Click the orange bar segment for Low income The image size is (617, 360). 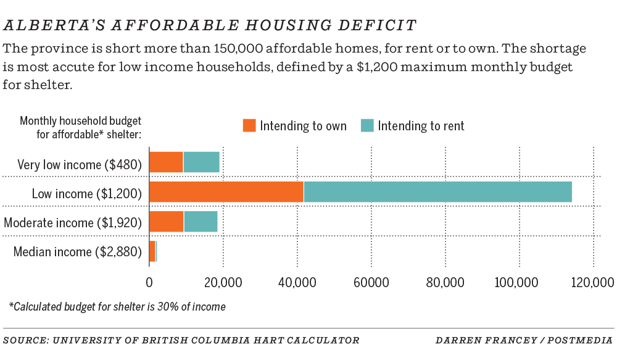click(226, 191)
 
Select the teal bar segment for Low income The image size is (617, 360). click(437, 191)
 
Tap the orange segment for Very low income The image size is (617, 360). click(166, 162)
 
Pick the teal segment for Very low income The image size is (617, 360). click(201, 162)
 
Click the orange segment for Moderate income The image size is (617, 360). click(167, 221)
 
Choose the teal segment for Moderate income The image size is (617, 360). click(201, 221)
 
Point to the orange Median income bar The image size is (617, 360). click(152, 251)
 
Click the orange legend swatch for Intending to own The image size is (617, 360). click(249, 125)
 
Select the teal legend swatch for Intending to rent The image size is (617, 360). click(366, 125)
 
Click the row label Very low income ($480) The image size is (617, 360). click(80, 164)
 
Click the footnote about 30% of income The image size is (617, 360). click(117, 306)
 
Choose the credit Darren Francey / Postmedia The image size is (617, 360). click(524, 340)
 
